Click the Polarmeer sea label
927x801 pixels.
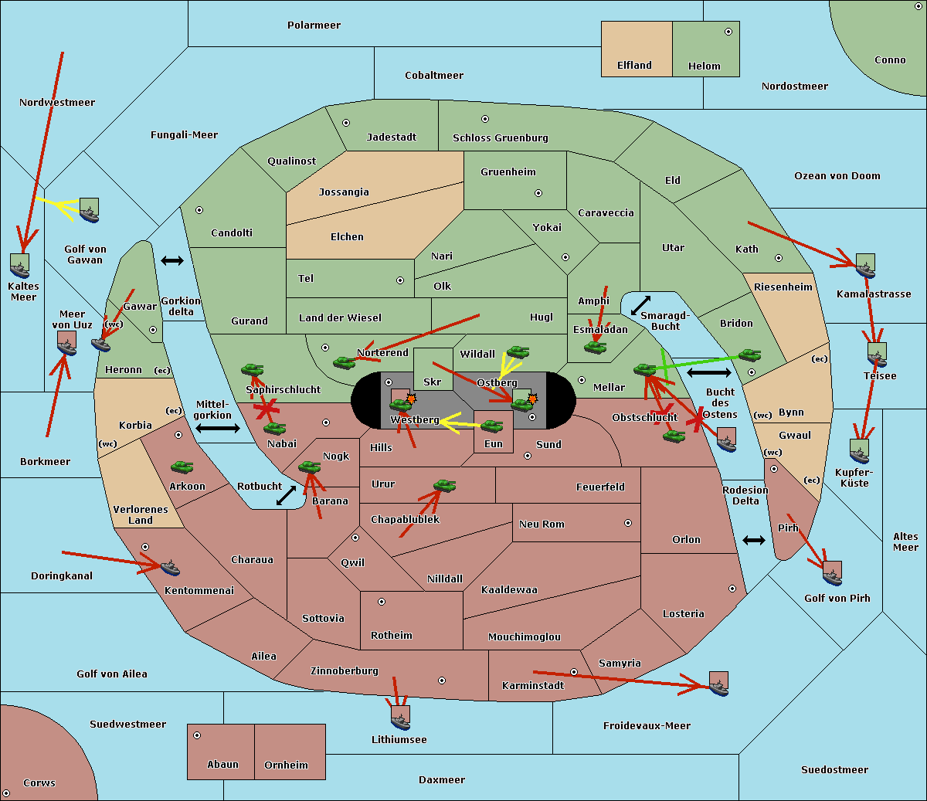click(x=314, y=25)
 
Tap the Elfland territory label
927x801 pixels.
click(x=634, y=66)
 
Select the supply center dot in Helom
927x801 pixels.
click(x=728, y=32)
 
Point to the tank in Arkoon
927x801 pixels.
click(x=182, y=467)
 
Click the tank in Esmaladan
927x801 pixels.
click(x=596, y=347)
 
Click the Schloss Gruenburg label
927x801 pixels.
click(x=501, y=137)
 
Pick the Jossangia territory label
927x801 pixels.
click(x=344, y=192)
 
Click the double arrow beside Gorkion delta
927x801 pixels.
click(x=172, y=260)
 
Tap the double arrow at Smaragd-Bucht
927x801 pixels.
click(x=640, y=305)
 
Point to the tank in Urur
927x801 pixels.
click(x=444, y=485)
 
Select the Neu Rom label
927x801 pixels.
click(x=542, y=524)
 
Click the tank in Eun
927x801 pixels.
click(x=491, y=426)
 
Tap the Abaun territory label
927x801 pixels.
click(x=223, y=764)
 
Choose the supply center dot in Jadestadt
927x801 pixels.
click(x=346, y=123)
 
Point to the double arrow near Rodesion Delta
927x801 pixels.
click(x=754, y=540)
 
